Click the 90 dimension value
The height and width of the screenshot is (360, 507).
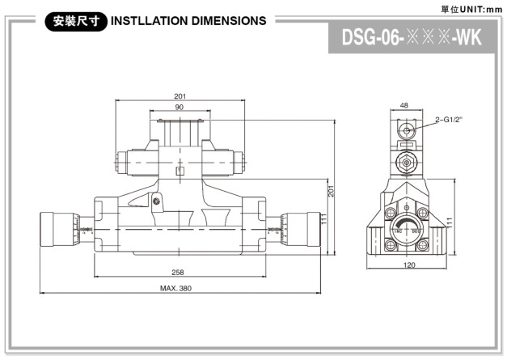click(179, 108)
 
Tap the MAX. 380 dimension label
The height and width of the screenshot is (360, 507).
click(175, 288)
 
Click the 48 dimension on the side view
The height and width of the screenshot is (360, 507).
click(404, 105)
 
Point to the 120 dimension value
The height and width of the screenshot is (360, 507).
click(408, 265)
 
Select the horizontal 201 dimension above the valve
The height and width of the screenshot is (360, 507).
click(179, 96)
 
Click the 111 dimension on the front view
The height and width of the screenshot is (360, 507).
click(323, 222)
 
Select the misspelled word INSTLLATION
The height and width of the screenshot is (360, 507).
click(142, 21)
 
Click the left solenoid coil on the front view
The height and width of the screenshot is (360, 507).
click(131, 160)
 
